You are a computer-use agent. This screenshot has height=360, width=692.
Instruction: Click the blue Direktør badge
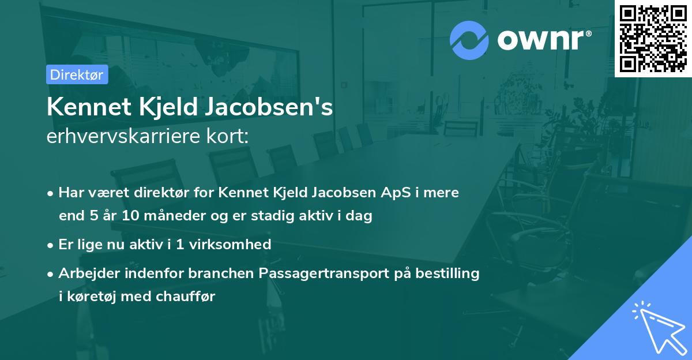(77, 74)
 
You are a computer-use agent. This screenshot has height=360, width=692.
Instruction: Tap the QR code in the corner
(653, 38)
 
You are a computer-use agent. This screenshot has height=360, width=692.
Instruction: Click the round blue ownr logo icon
(469, 40)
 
